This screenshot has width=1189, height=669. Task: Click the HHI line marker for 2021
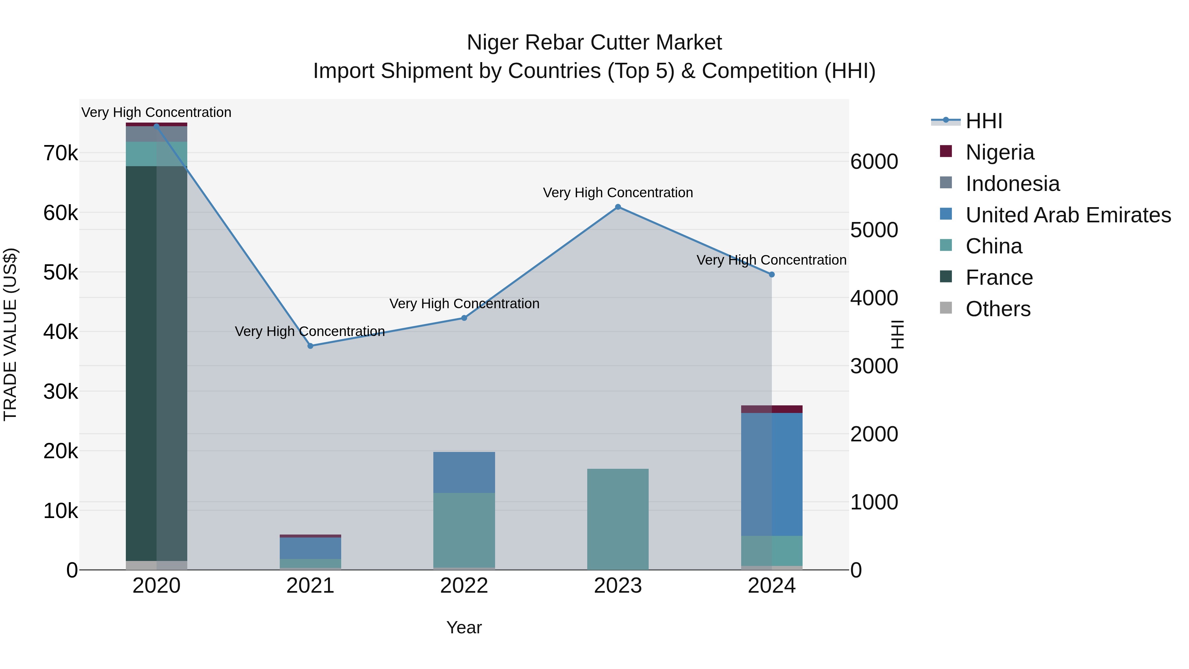310,346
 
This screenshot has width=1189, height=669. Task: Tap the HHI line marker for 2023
618,207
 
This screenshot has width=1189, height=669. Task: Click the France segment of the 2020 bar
157,363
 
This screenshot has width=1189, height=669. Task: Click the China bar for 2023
618,519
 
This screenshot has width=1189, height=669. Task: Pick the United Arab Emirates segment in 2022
464,472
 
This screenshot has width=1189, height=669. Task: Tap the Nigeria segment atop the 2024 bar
772,409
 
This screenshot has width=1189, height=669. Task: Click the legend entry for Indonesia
1012,184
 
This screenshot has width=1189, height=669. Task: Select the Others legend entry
997,309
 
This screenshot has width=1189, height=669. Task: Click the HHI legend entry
983,121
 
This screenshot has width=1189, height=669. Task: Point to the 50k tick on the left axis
60,273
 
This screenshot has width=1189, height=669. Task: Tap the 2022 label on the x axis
464,586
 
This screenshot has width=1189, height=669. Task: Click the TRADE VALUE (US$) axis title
10,334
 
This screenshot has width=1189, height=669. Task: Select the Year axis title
464,627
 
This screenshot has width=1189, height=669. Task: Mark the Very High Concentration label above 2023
618,193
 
